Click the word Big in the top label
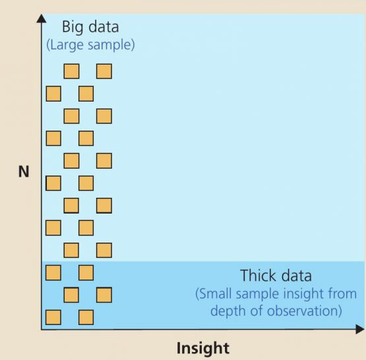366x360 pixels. (73, 28)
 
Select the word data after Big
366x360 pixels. (104, 26)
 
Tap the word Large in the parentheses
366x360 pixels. (65, 45)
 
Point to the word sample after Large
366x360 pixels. (111, 45)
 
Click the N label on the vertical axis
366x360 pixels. (24, 171)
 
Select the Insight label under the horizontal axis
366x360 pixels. (203, 349)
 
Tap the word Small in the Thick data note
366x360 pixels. (214, 294)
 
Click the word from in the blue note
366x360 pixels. (342, 293)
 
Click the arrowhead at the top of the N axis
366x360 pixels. (42, 18)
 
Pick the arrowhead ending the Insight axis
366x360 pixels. (360, 329)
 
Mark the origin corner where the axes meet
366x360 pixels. (42, 330)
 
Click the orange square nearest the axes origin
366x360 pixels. (53, 317)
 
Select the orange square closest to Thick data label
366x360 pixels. (104, 295)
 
